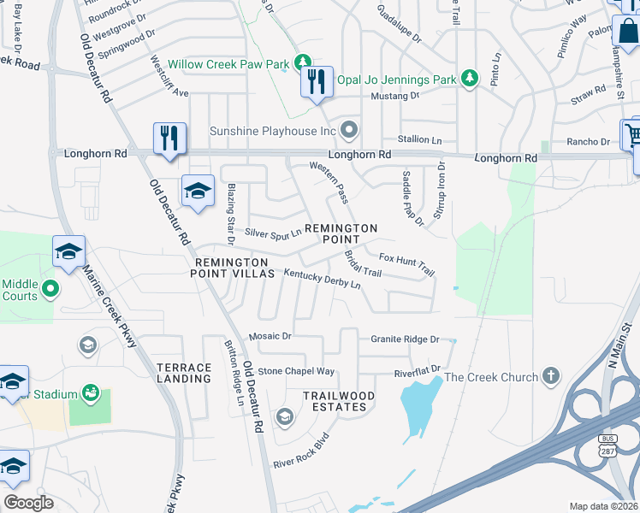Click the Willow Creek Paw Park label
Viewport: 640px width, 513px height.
[x=228, y=64]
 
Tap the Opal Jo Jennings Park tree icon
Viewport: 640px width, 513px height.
[x=469, y=80]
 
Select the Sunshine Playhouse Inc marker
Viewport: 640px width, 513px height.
[x=349, y=131]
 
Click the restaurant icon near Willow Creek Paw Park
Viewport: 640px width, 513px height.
[x=317, y=82]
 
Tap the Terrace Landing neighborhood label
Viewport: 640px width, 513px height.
[x=184, y=373]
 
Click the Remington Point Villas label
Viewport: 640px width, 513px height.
[x=234, y=268]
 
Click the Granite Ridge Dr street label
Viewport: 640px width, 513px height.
[x=405, y=339]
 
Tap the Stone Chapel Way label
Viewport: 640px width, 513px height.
[x=296, y=371]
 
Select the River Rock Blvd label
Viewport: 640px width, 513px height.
[x=301, y=453]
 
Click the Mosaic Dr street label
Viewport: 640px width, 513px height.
[x=270, y=337]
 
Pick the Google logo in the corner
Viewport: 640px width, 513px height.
[x=28, y=503]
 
